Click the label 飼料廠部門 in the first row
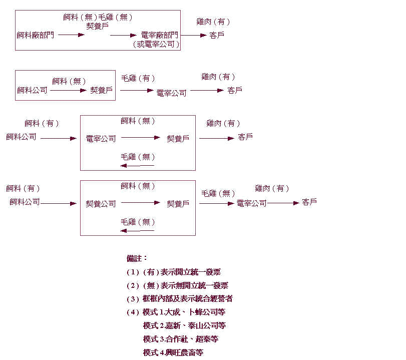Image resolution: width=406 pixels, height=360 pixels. pyautogui.click(x=35, y=35)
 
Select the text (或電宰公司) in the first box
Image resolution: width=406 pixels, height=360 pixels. pyautogui.click(x=156, y=45)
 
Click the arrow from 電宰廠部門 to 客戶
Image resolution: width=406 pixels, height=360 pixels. pyautogui.click(x=194, y=35)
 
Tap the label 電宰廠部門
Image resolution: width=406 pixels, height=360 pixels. pyautogui.click(x=159, y=35)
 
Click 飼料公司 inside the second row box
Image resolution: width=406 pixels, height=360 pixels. pyautogui.click(x=32, y=90)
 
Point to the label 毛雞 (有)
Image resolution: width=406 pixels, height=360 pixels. pyautogui.click(x=138, y=79)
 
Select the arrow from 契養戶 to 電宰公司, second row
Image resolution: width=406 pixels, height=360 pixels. pyautogui.click(x=137, y=90)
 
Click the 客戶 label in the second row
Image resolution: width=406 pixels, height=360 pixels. pyautogui.click(x=235, y=90)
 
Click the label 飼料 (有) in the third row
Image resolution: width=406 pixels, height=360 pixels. pyautogui.click(x=42, y=123)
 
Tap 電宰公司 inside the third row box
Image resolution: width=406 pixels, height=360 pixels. pyautogui.click(x=101, y=139)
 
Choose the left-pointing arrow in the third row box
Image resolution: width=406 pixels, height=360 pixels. pyautogui.click(x=137, y=165)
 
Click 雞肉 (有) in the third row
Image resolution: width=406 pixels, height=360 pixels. pyautogui.click(x=223, y=123)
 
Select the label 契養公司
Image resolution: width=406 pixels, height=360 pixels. pyautogui.click(x=101, y=204)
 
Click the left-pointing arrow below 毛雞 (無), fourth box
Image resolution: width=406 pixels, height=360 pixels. pyautogui.click(x=137, y=230)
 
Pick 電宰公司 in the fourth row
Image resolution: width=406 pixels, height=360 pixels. pyautogui.click(x=251, y=203)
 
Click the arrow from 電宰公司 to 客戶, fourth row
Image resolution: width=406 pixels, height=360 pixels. pyautogui.click(x=283, y=203)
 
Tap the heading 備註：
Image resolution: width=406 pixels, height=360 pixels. pyautogui.click(x=137, y=258)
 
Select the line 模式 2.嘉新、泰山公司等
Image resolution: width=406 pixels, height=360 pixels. pyautogui.click(x=184, y=325)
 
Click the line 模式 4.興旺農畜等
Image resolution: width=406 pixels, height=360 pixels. pyautogui.click(x=173, y=352)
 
